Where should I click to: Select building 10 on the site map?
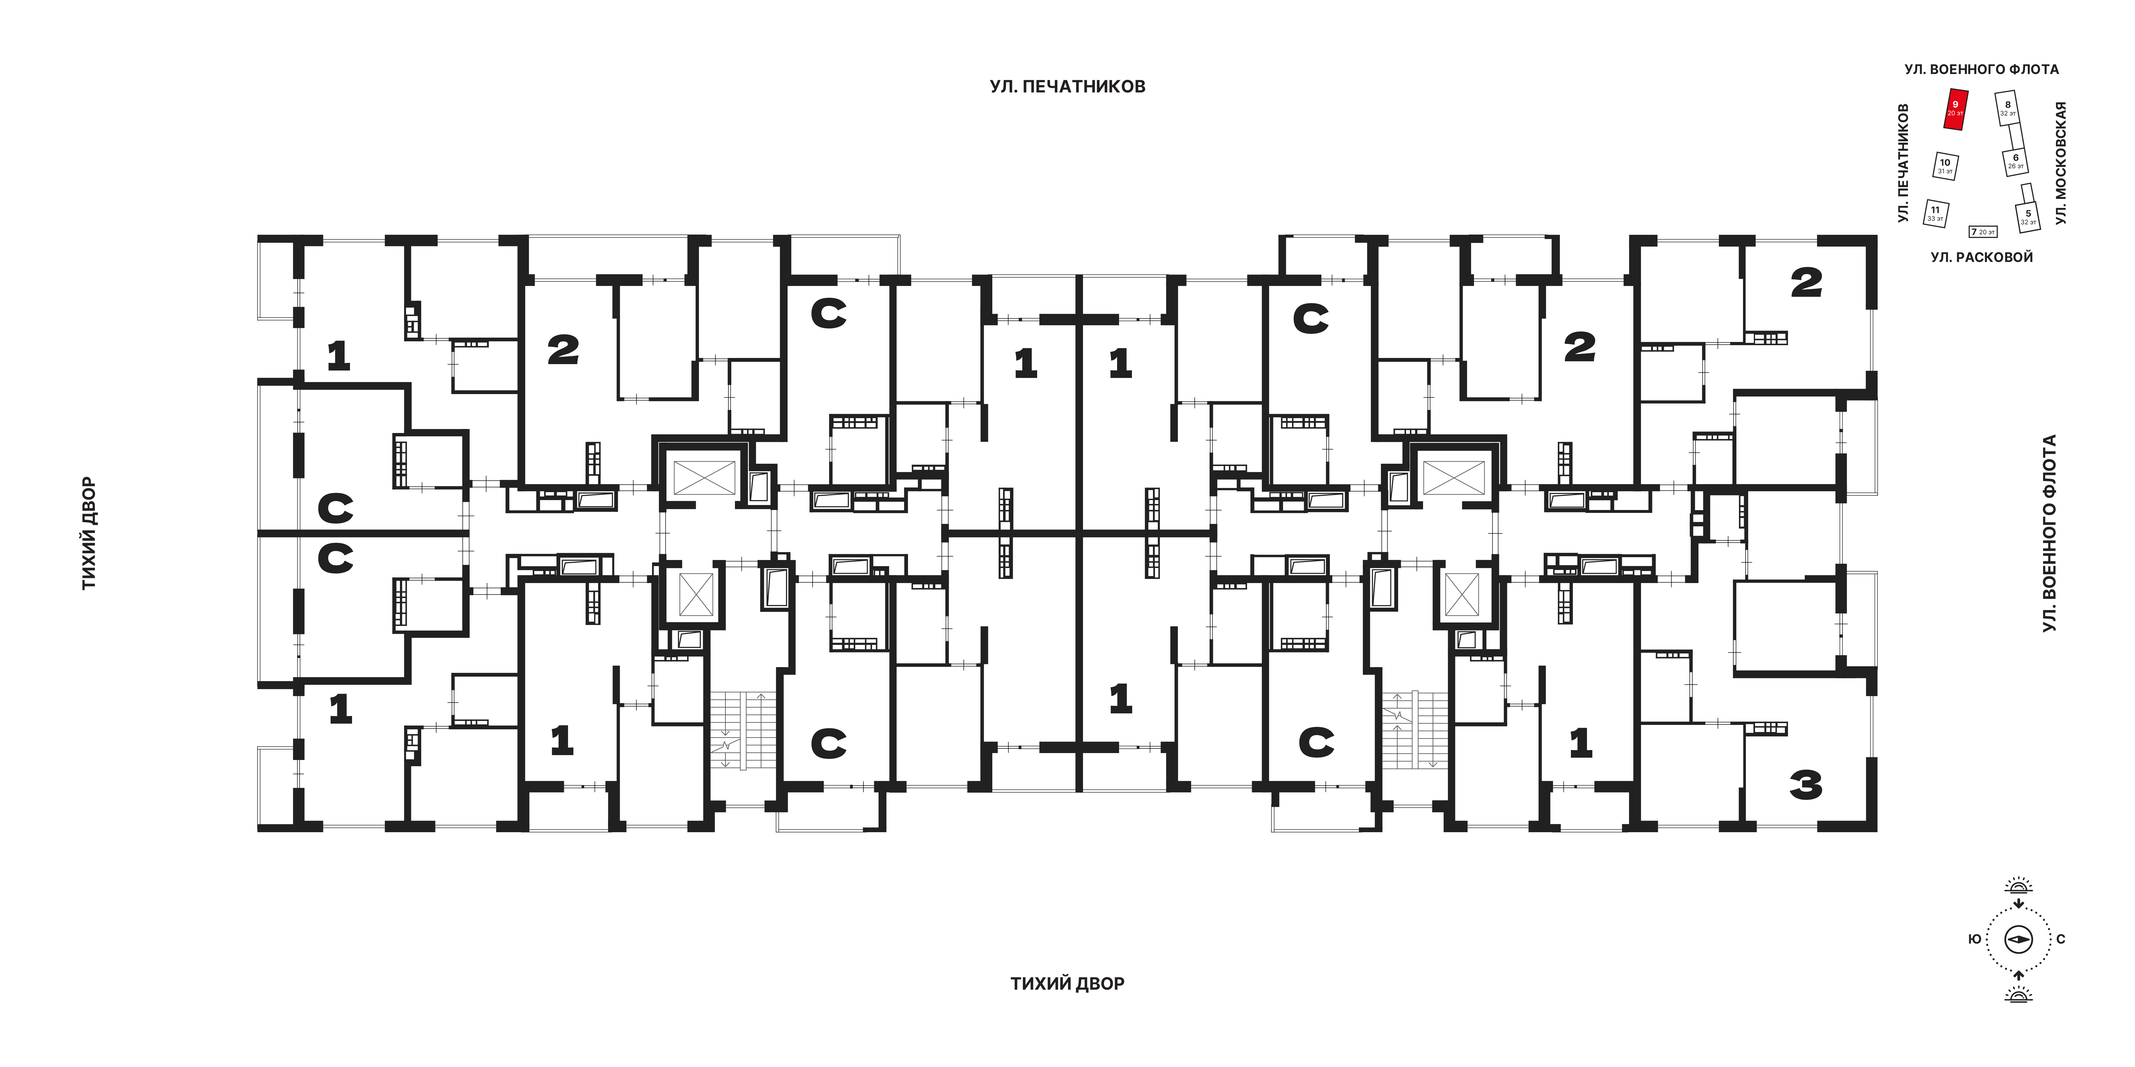[1945, 166]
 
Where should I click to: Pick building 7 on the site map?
[1983, 232]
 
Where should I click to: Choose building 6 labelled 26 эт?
[2016, 162]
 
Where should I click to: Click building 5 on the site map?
[2028, 217]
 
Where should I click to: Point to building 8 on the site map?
[2007, 109]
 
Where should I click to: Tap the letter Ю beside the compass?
[1975, 939]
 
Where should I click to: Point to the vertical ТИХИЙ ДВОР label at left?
[89, 534]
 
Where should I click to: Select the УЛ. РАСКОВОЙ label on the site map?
[1982, 258]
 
